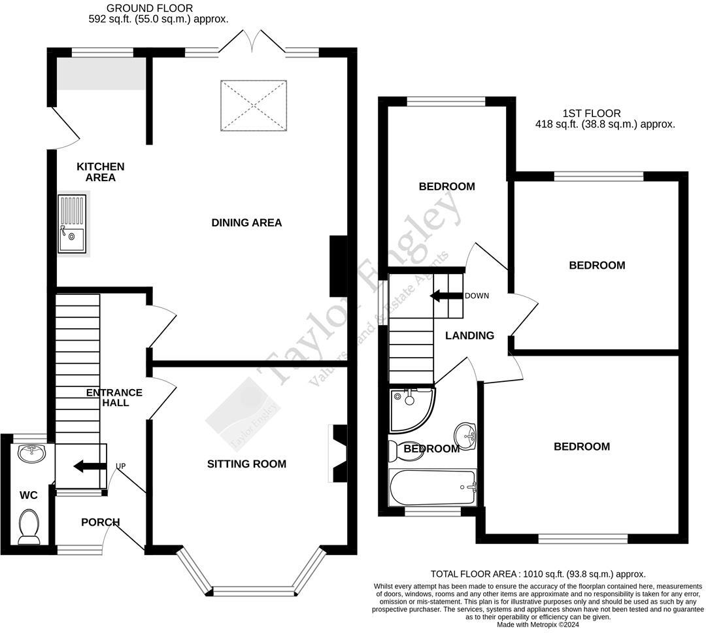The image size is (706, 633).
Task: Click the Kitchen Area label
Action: point(100,172)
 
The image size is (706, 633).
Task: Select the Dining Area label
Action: point(246,223)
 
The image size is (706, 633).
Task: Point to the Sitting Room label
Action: point(246,464)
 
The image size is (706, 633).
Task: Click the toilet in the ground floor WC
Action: point(29,526)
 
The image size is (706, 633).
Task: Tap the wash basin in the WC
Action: point(31,453)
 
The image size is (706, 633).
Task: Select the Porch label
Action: point(100,522)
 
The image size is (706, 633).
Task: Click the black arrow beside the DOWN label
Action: point(445,296)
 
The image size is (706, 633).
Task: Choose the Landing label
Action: point(469,335)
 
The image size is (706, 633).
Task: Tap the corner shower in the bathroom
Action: point(409,408)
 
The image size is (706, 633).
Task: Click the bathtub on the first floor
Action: point(432,487)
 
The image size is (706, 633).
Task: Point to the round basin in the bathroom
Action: point(465,433)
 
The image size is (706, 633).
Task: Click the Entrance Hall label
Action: point(114,398)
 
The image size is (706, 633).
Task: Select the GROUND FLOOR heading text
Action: point(150,9)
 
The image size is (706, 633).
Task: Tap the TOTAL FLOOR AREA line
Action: point(537,573)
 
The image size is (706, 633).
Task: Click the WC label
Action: point(28,496)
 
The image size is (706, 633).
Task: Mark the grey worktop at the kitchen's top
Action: point(101,73)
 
